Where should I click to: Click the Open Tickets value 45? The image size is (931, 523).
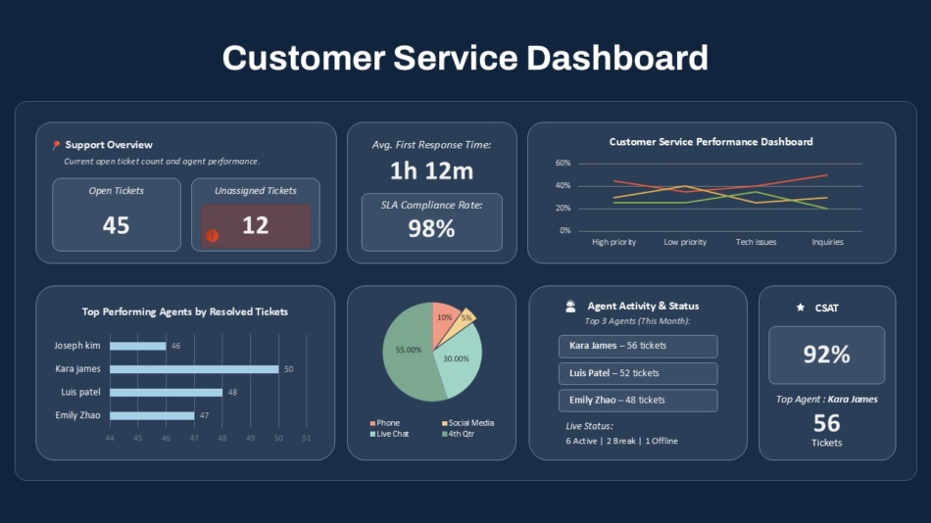[116, 225]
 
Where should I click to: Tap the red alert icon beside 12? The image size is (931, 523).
[212, 235]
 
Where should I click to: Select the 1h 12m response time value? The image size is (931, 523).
[431, 171]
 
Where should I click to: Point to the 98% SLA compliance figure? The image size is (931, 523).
[431, 228]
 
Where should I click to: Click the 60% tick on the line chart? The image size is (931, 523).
[563, 163]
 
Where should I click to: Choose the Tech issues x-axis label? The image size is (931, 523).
[756, 242]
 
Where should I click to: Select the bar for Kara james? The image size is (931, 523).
[194, 369]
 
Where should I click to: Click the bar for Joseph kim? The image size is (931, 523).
[138, 346]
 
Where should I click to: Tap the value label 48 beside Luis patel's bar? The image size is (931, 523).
[232, 392]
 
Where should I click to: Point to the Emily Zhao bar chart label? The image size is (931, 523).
[77, 415]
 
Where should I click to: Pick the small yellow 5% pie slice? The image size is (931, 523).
[466, 317]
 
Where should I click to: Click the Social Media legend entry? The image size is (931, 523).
[467, 423]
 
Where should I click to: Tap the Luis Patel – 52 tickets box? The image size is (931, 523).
[638, 373]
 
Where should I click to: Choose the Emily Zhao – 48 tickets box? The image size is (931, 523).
[638, 400]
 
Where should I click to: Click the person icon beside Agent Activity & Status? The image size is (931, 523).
[570, 307]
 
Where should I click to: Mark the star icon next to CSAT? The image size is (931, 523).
[801, 308]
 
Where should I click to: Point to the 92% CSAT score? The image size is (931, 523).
[826, 355]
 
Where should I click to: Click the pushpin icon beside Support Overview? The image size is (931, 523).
[56, 145]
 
